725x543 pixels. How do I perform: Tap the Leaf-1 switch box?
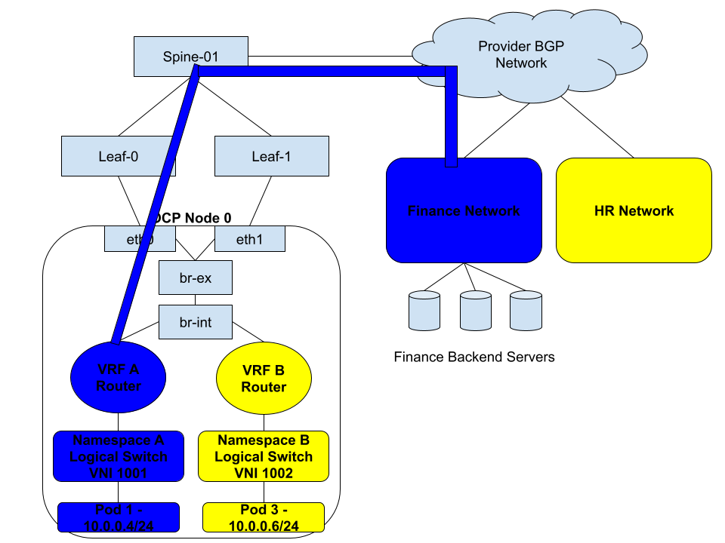tap(272, 156)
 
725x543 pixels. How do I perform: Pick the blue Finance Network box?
tap(464, 210)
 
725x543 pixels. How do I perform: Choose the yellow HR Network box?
tap(634, 210)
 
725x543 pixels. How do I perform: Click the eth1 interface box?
tap(250, 239)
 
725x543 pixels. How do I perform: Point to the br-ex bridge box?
tap(196, 278)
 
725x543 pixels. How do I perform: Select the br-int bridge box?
tap(196, 322)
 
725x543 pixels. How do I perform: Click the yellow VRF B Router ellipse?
tap(264, 378)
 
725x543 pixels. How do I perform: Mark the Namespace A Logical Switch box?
tap(119, 456)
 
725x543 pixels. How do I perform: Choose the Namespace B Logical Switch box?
tap(264, 456)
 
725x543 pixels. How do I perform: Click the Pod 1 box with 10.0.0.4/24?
tap(119, 517)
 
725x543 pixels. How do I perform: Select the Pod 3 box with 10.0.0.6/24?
tap(264, 517)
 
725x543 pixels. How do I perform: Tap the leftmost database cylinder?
tap(424, 311)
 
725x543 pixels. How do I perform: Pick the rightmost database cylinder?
tap(526, 311)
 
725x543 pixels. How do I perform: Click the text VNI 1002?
tap(264, 473)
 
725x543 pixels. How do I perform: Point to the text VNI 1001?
tap(119, 473)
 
